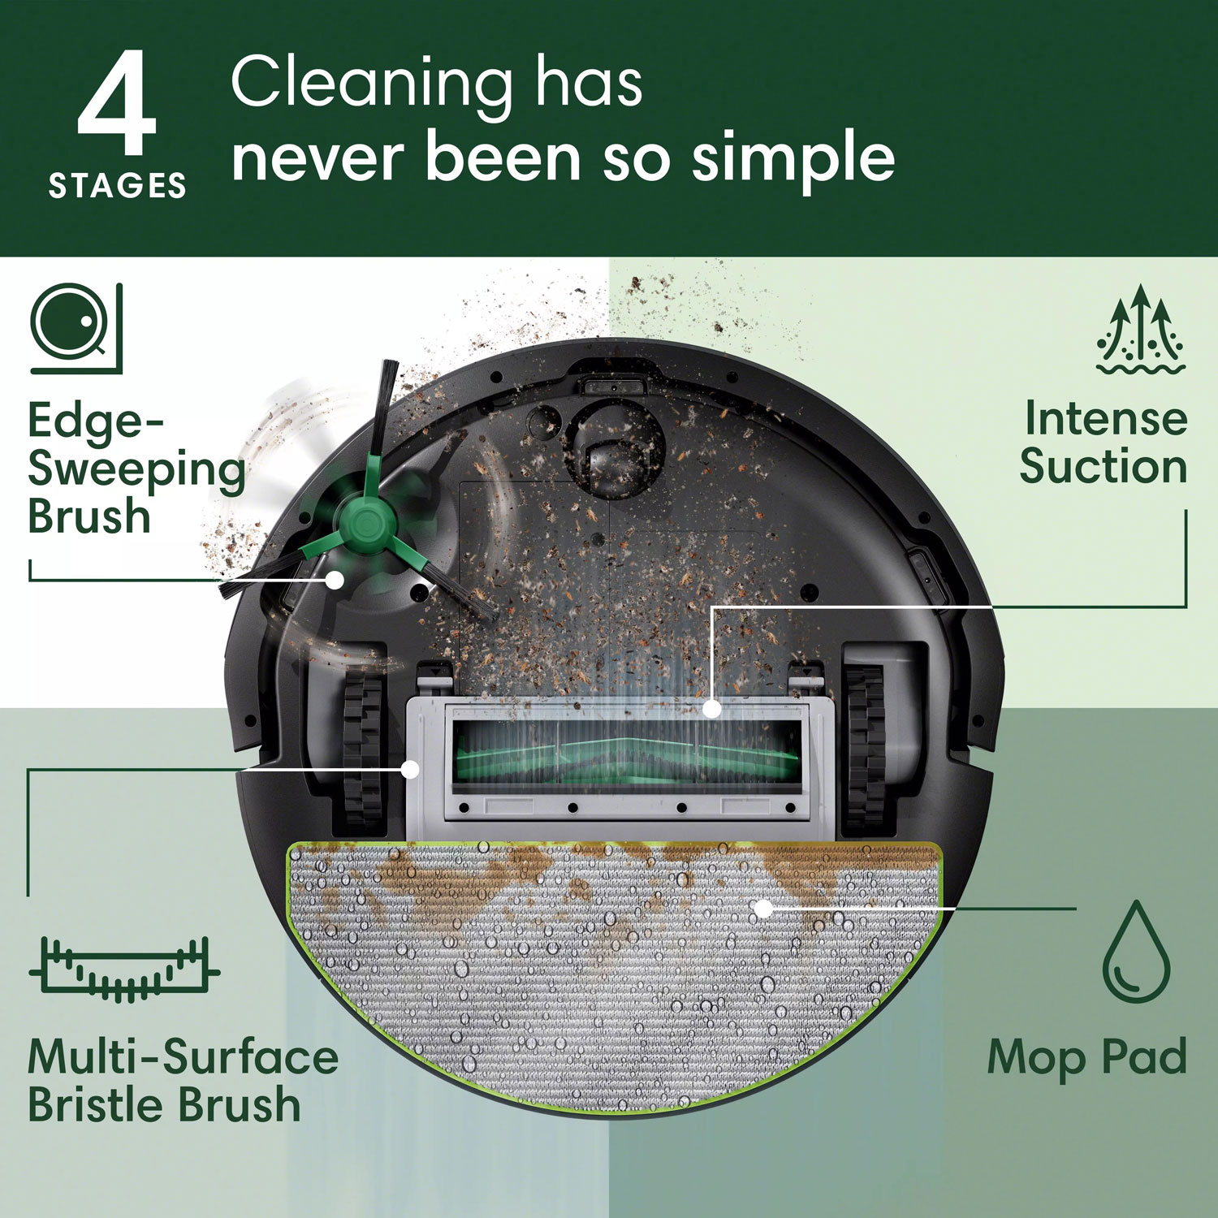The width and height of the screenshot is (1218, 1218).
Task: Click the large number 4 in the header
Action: [x=117, y=103]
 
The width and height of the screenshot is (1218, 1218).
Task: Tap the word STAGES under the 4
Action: [x=118, y=186]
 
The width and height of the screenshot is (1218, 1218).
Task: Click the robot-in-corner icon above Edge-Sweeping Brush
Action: [x=76, y=328]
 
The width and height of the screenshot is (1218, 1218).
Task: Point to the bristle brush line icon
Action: [x=124, y=970]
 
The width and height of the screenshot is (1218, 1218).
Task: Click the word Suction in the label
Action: [x=1103, y=467]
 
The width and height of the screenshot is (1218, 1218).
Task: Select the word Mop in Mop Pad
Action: [x=1036, y=1058]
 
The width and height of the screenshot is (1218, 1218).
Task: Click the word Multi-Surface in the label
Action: [x=183, y=1057]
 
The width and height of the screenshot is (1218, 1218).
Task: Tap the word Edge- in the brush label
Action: [x=96, y=421]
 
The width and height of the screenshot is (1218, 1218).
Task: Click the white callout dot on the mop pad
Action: [x=763, y=909]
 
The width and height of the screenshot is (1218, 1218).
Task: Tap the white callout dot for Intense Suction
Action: [x=711, y=709]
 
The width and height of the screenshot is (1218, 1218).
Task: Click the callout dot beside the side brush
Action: [x=335, y=580]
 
